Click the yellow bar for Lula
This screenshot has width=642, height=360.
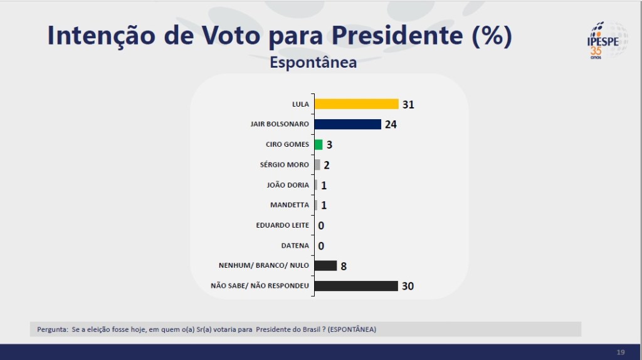pyautogui.click(x=356, y=104)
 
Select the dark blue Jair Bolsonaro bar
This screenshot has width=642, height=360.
pyautogui.click(x=347, y=124)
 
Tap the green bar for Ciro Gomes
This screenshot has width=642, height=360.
pyautogui.click(x=318, y=144)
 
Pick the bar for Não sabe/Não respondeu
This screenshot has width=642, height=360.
pyautogui.click(x=355, y=286)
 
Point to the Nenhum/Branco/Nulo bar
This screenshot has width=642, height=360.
pyautogui.click(x=325, y=265)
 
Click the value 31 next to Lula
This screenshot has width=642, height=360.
pyautogui.click(x=408, y=105)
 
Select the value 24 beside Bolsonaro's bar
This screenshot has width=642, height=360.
pyautogui.click(x=391, y=124)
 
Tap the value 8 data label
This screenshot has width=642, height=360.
pyautogui.click(x=344, y=266)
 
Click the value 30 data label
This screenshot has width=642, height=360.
pyautogui.click(x=408, y=286)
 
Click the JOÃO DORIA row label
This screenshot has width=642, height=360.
pyautogui.click(x=288, y=185)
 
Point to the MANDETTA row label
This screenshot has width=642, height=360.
pyautogui.click(x=290, y=205)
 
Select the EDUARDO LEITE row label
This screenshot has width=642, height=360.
pyautogui.click(x=283, y=225)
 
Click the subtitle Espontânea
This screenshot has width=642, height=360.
pyautogui.click(x=313, y=63)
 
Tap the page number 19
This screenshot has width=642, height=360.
pyautogui.click(x=621, y=352)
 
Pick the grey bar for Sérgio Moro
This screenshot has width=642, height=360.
pyautogui.click(x=317, y=165)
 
